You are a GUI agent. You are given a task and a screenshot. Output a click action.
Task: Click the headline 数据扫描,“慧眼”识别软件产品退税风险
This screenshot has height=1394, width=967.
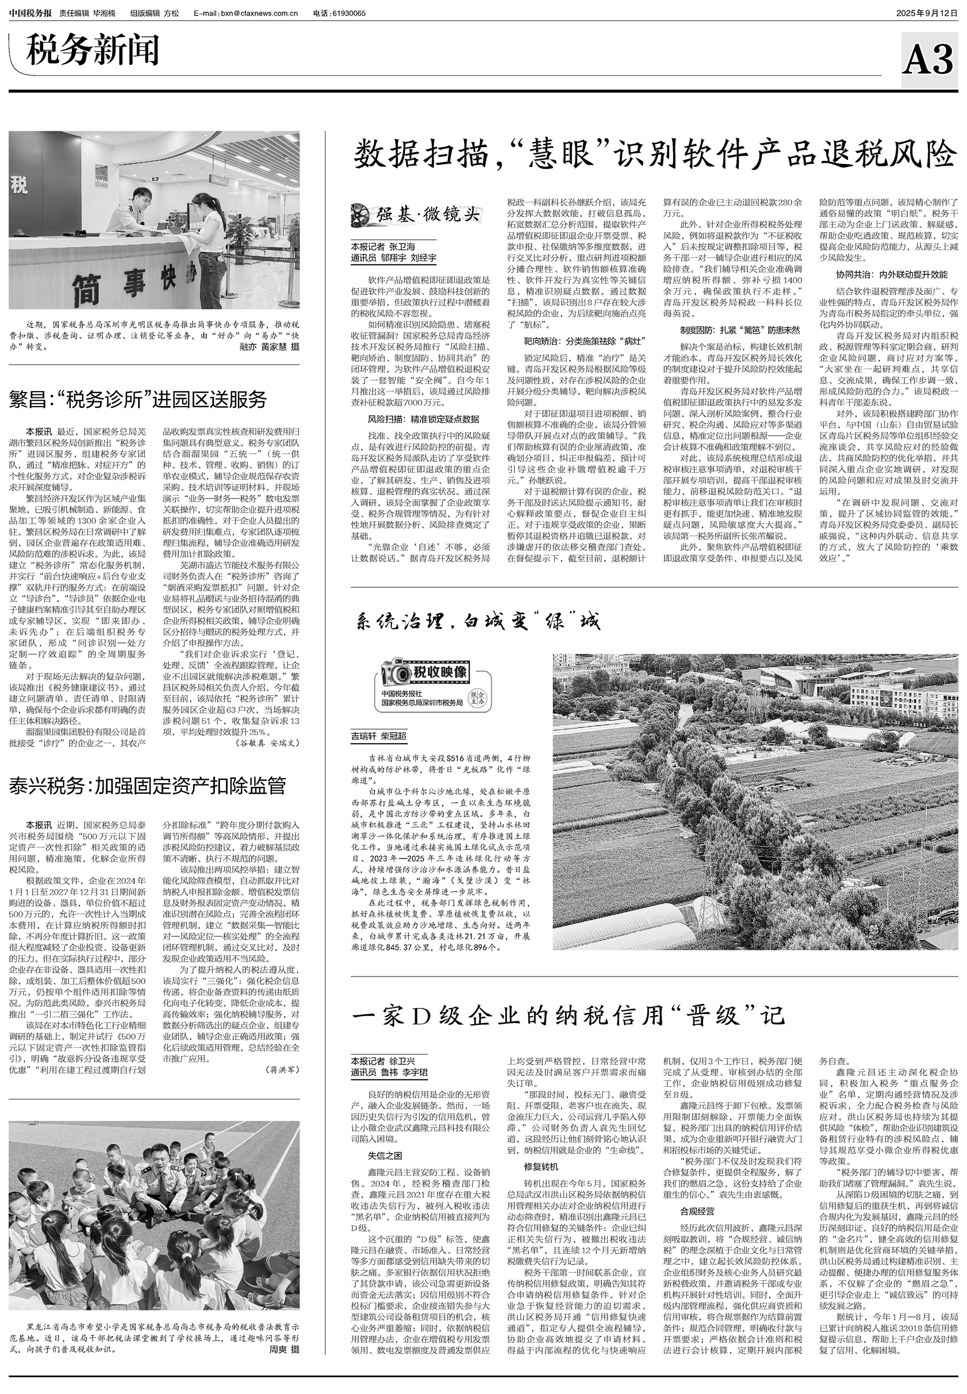coord(654,154)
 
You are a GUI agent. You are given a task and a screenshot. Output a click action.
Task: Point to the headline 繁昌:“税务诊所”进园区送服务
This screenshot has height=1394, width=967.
coord(138,400)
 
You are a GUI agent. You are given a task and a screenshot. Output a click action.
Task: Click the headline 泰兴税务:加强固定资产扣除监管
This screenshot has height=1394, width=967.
coord(147,786)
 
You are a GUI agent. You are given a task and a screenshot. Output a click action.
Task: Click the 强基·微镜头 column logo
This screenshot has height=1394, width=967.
coord(417,215)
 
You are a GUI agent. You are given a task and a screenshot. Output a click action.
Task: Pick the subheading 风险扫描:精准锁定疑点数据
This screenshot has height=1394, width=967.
coord(424,419)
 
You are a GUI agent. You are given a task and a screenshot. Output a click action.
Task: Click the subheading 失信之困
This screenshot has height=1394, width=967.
coord(385,1155)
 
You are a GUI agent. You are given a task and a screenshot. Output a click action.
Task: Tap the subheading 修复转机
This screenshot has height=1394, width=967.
coord(541,1166)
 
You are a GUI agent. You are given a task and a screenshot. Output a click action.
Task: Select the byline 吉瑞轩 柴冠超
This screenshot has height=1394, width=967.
coord(379,737)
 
